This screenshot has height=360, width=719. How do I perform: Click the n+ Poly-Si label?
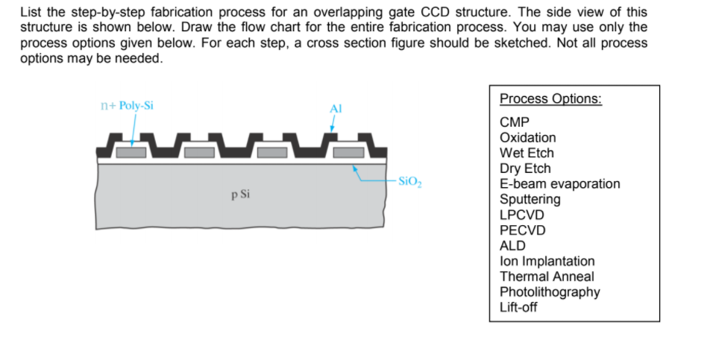click(x=126, y=105)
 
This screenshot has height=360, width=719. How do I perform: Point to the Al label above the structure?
click(x=336, y=108)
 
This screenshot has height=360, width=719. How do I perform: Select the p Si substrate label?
click(x=240, y=195)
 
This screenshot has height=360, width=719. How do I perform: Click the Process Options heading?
click(x=550, y=99)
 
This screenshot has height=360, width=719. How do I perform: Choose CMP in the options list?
click(x=514, y=122)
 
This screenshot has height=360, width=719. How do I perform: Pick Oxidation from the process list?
click(x=527, y=138)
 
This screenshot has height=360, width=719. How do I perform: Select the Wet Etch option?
click(x=527, y=153)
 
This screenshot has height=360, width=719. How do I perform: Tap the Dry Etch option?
click(x=526, y=168)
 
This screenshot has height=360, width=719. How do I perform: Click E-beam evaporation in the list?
click(x=559, y=183)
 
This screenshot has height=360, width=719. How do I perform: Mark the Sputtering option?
click(x=530, y=199)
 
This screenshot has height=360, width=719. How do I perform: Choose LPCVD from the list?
click(x=522, y=215)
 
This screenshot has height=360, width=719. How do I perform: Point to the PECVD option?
click(x=522, y=230)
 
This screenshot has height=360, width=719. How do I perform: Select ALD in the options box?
click(x=512, y=245)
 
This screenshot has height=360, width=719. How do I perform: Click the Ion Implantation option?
click(x=547, y=261)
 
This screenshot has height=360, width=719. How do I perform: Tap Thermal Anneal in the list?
click(x=547, y=277)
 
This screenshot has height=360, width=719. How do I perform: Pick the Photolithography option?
click(x=549, y=292)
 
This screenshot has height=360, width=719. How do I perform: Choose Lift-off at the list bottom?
click(x=518, y=307)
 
